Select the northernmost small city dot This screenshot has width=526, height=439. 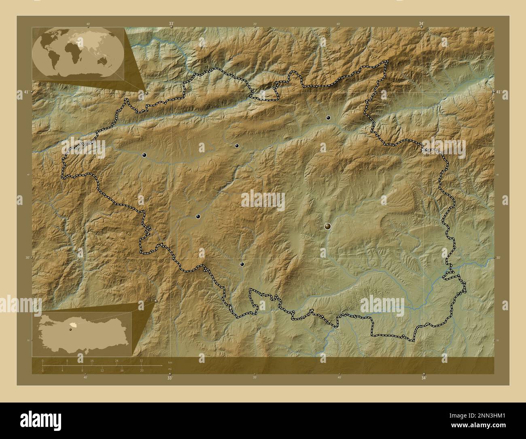coord(329,118)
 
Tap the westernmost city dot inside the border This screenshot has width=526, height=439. coord(144,155)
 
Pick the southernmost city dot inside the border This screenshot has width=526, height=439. coord(242,264)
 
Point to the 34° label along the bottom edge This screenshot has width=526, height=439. coord(423,378)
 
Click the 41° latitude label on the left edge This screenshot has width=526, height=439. coord(26,92)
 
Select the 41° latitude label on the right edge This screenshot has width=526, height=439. coord(499,92)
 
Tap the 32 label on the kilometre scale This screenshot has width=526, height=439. coord(141,360)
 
